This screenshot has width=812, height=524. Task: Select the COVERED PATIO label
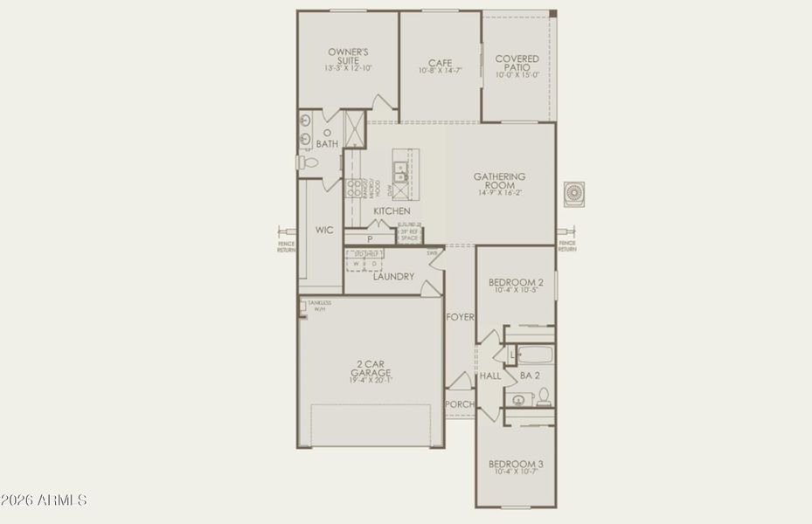click(517, 64)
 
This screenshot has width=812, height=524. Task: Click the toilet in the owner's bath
click(307, 162)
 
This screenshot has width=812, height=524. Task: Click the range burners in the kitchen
click(355, 189)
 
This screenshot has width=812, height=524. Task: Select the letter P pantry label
click(370, 238)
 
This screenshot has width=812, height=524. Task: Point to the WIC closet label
click(324, 230)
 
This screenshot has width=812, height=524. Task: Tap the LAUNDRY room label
click(393, 277)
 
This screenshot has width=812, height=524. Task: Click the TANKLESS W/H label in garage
click(318, 306)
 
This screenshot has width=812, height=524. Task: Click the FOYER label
click(460, 317)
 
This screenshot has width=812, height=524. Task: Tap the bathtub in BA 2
click(533, 355)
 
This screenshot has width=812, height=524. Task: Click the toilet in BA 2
click(543, 397)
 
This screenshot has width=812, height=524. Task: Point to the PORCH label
click(459, 404)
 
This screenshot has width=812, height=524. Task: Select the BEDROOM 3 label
click(516, 463)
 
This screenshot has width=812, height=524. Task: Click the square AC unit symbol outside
click(573, 193)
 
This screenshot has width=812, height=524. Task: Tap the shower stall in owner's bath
click(355, 122)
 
